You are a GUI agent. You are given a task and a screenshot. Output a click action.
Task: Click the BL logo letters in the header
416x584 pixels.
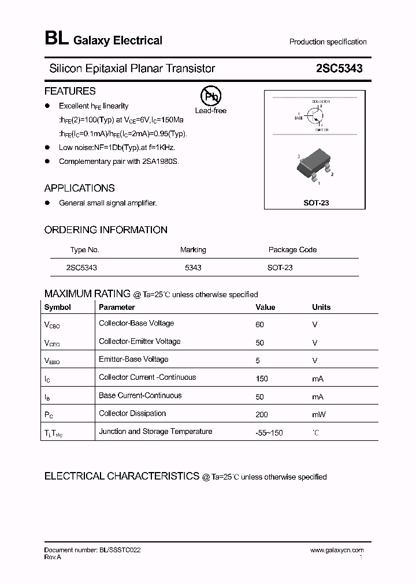(x=56, y=39)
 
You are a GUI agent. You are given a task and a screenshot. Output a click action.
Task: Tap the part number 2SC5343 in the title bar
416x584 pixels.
(x=339, y=69)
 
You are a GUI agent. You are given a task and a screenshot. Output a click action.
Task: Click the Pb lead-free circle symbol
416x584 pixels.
(x=210, y=96)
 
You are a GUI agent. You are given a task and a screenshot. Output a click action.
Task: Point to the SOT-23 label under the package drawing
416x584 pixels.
(x=316, y=203)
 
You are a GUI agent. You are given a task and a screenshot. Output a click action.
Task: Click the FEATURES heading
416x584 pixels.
(x=70, y=91)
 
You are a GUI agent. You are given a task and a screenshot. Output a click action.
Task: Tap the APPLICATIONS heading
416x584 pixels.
(x=80, y=188)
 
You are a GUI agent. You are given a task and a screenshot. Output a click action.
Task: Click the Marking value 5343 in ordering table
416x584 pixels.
(x=193, y=268)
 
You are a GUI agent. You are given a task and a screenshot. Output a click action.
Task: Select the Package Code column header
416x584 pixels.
(x=292, y=250)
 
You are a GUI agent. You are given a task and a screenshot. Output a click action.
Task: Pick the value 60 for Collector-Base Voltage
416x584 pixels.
(x=259, y=324)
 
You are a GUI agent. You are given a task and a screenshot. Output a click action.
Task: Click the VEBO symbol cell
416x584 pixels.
(x=52, y=361)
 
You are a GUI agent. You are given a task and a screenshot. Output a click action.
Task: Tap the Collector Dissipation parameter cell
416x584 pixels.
(x=132, y=413)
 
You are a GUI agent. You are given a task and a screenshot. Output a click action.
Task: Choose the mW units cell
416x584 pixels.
(x=319, y=414)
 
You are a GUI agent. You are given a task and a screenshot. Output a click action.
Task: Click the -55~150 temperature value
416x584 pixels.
(x=269, y=432)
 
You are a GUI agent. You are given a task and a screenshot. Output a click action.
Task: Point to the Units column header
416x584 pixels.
(x=321, y=307)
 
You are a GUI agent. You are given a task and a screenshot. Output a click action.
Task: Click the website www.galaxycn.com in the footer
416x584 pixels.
(x=337, y=550)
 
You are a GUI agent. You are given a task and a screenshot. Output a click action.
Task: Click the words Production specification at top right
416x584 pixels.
(x=328, y=42)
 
